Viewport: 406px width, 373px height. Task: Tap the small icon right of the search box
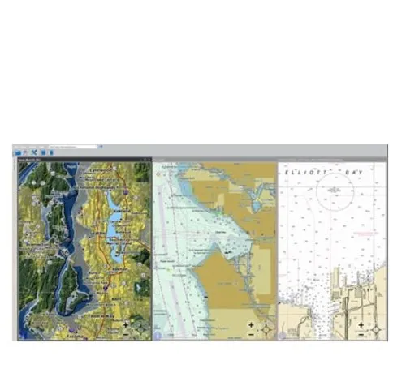[x=101, y=147]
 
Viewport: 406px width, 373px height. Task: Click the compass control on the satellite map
[x=140, y=328]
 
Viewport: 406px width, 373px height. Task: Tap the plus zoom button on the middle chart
[x=251, y=324]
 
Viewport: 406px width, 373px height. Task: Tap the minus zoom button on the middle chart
[x=251, y=334]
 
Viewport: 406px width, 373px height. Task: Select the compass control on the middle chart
[x=266, y=329]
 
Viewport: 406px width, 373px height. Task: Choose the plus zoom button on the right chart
[x=361, y=324]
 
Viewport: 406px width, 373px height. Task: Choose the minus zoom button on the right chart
[x=361, y=334]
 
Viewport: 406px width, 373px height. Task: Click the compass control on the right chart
[x=375, y=329]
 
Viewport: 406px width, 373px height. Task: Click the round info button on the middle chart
[x=158, y=335]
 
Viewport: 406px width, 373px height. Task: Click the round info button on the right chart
[x=283, y=335]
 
